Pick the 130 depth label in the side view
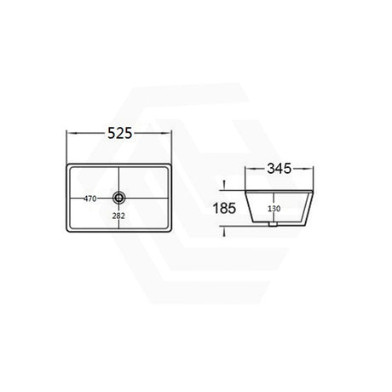pos(274,208)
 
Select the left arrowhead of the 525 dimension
pos(69,135)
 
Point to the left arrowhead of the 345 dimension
pos(246,170)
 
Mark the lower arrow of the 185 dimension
pos(224,228)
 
